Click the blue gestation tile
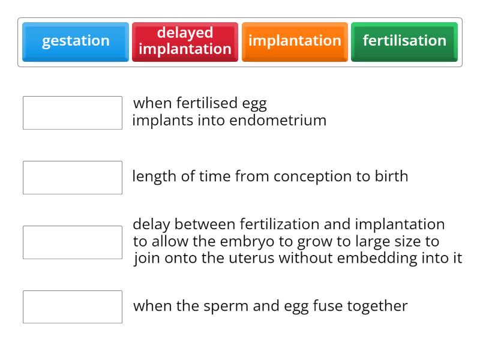[x=76, y=41]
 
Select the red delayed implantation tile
[x=185, y=41]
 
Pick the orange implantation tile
[x=295, y=41]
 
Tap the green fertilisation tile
[x=404, y=41]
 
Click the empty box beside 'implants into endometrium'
[x=73, y=113]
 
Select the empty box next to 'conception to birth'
[x=73, y=178]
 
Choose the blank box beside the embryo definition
[x=73, y=242]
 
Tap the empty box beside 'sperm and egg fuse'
[x=73, y=307]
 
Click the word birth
[x=390, y=176]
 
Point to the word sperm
[x=224, y=307]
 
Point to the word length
[x=151, y=176]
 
